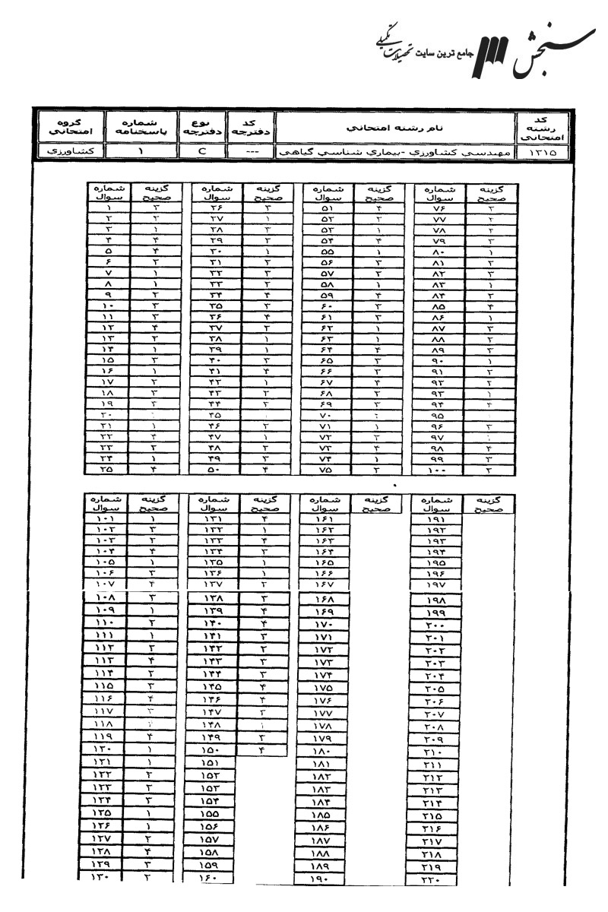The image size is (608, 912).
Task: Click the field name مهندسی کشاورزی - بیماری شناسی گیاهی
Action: click(x=394, y=152)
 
